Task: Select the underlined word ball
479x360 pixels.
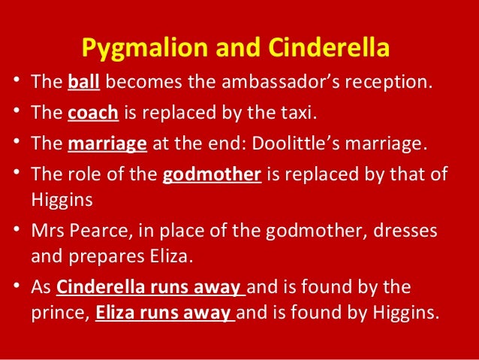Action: [x=79, y=82]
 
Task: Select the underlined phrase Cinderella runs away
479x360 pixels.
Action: [x=149, y=287]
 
